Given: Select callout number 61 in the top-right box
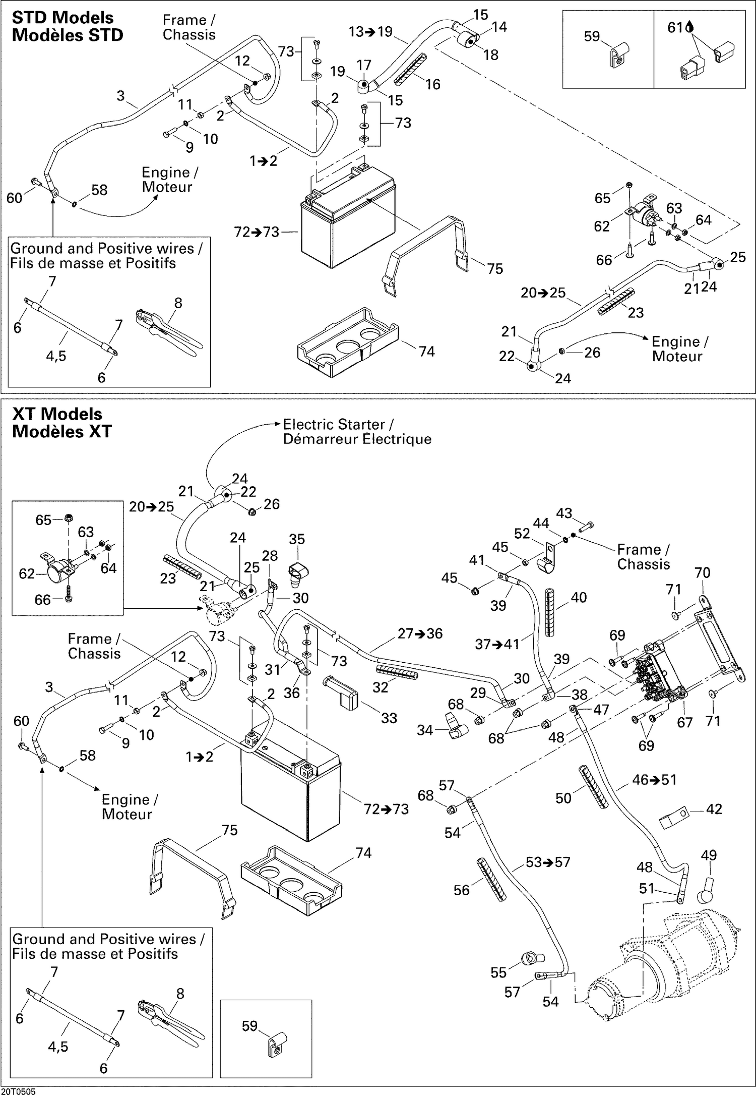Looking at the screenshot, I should (675, 28).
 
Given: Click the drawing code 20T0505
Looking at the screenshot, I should (18, 1092).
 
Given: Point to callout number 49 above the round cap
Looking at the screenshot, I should (709, 855).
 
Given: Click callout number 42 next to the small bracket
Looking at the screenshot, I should (714, 809).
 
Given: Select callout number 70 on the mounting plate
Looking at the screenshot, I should (702, 572).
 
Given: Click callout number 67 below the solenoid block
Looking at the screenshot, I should (684, 722).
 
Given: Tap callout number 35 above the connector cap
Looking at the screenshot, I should (297, 539).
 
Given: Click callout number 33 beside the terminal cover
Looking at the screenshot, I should (389, 718).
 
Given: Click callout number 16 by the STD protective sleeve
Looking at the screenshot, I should (432, 84).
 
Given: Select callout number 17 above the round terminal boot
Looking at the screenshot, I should (364, 65).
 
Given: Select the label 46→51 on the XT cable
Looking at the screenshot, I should (654, 780).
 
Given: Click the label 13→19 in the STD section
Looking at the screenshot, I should (370, 32).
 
